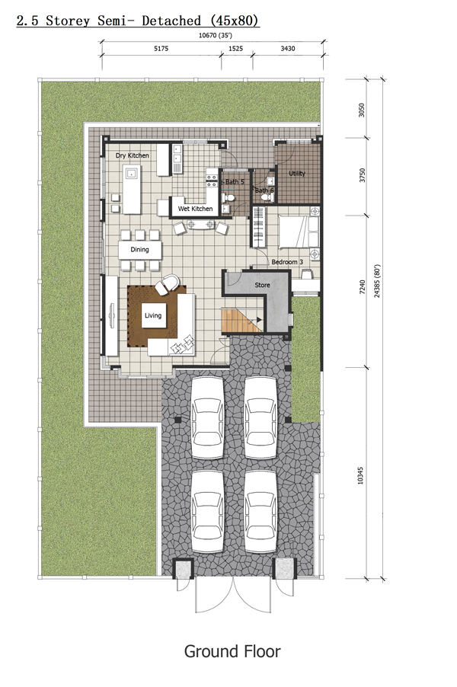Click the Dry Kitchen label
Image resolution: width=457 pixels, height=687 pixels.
pos(133,155)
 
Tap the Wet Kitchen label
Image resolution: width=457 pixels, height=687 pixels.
pos(196,209)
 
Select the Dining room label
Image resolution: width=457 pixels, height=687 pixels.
pos(140,250)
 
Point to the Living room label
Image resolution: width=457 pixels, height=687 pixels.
pos(153,315)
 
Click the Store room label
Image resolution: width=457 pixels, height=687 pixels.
pos(263,285)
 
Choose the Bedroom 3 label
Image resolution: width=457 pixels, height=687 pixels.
pos(287,262)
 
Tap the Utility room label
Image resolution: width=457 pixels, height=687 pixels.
pos(297,174)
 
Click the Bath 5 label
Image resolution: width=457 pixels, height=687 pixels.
pos(235,182)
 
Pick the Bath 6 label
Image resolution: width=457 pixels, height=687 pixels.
pos(264,190)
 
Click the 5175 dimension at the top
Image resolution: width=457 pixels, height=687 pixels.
pos(161,49)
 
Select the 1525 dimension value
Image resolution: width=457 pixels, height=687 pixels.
pos(235,49)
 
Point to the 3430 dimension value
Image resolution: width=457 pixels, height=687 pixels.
pos(288,49)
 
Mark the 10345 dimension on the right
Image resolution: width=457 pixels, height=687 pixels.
pos(360,475)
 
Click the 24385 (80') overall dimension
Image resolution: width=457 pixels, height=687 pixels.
pos(377,281)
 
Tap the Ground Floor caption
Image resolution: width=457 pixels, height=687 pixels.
pos(232,651)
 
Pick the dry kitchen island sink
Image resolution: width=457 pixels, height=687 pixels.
pos(131,173)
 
